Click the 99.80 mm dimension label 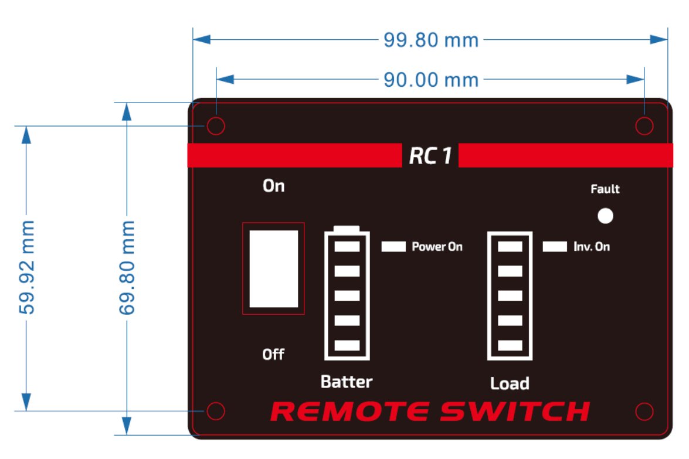[x=431, y=40]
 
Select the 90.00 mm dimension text [x=431, y=79]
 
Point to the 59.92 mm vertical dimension [x=27, y=267]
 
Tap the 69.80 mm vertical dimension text [x=127, y=267]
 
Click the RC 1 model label [x=430, y=156]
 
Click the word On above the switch [x=273, y=186]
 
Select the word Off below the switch [x=273, y=355]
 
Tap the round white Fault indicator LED [x=605, y=216]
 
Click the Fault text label [x=605, y=189]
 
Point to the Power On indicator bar [x=393, y=247]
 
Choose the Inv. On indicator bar [x=555, y=247]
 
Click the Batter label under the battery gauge [x=346, y=382]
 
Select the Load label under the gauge [x=510, y=384]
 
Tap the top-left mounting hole [x=216, y=126]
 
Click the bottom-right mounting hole [x=644, y=412]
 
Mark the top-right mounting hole [x=644, y=126]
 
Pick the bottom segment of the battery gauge [x=347, y=345]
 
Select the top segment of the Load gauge [x=510, y=247]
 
